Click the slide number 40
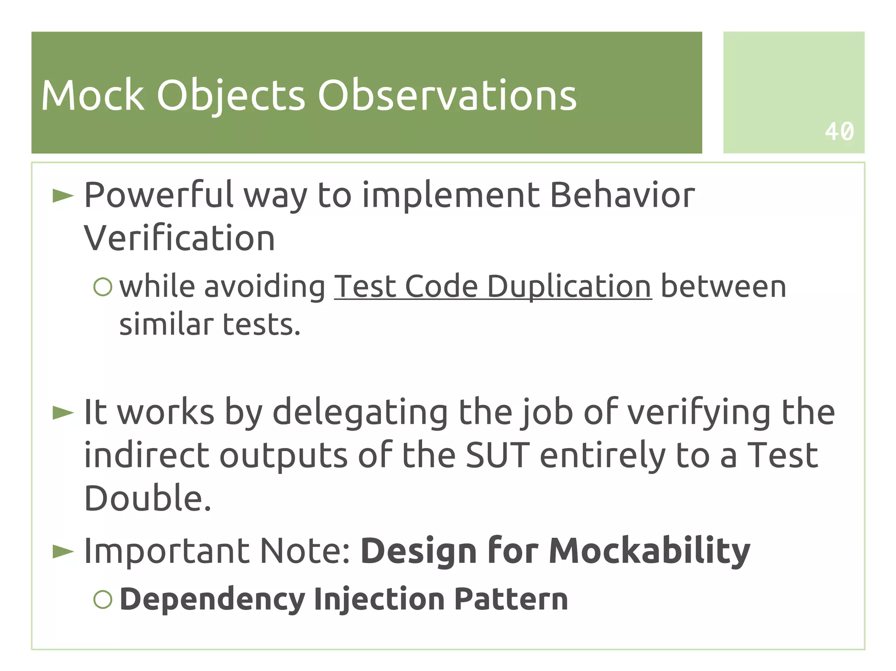839,131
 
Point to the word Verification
179,238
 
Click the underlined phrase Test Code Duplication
493,287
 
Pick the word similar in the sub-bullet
166,324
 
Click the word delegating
360,412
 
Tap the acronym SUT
497,455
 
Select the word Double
147,498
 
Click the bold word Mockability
649,551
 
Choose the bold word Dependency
212,599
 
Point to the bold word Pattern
511,599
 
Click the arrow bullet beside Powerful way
63,196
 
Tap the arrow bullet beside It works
63,412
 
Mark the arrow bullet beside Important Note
63,551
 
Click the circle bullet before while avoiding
103,287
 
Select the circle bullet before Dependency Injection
103,599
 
